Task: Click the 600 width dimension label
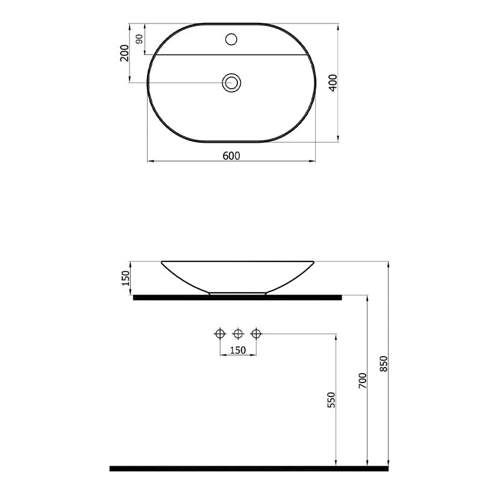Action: tap(231, 156)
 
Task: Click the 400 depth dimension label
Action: tap(333, 83)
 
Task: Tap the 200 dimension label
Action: tap(125, 53)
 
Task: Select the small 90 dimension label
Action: tap(140, 39)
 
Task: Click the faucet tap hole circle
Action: tap(231, 39)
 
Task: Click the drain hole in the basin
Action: tap(231, 83)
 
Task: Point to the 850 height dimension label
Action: tap(384, 364)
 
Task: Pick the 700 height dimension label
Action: tap(363, 381)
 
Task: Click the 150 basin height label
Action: tap(126, 278)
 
